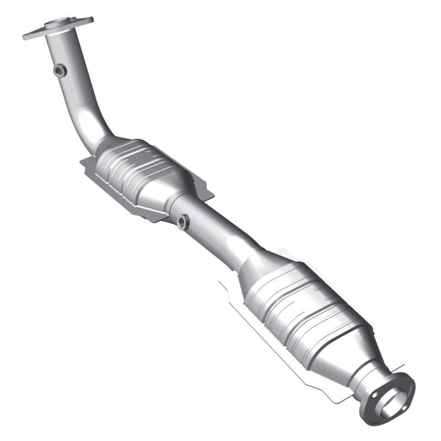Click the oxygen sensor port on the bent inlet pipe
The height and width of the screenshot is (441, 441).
[60, 70]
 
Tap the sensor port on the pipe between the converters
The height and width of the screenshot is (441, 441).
[183, 222]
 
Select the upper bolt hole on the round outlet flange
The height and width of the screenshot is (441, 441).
[407, 381]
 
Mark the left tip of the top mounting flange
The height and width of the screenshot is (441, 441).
[25, 37]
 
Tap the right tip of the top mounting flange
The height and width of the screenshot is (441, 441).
[91, 20]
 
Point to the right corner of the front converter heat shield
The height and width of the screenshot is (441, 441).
[212, 193]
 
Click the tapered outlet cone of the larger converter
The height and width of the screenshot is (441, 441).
[353, 353]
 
